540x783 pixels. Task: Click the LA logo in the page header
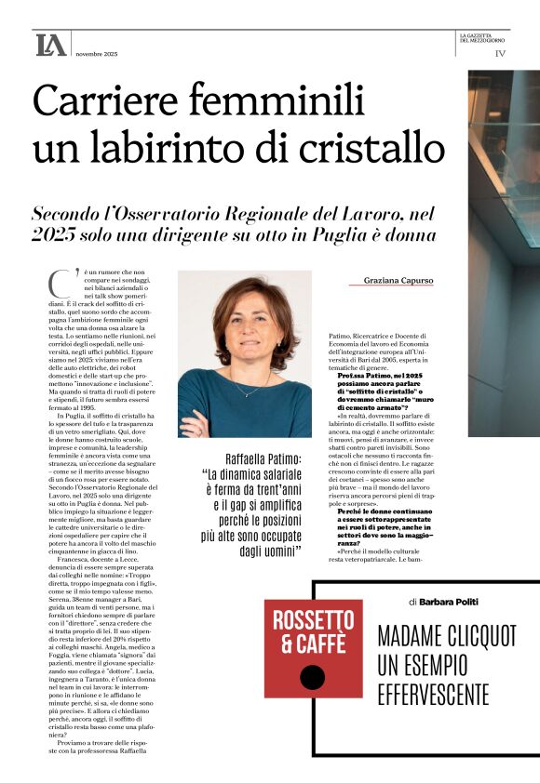(x=50, y=45)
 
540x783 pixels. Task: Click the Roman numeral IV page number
(x=501, y=54)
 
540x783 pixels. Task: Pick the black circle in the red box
(x=313, y=678)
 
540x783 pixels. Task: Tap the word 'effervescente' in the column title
(x=434, y=693)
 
